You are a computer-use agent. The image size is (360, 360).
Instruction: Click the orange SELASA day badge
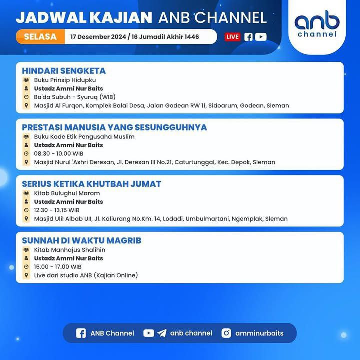pyautogui.click(x=40, y=36)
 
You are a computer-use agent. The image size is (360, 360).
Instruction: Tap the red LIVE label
pyautogui.click(x=232, y=37)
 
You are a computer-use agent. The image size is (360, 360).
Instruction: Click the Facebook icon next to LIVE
pyautogui.click(x=248, y=37)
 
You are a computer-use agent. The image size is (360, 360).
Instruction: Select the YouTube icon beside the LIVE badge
pyautogui.click(x=261, y=37)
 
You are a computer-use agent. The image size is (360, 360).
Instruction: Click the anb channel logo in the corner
pyautogui.click(x=317, y=24)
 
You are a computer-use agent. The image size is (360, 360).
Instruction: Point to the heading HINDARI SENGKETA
pyautogui.click(x=64, y=71)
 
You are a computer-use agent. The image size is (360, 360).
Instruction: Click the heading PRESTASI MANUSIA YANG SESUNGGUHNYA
pyautogui.click(x=114, y=127)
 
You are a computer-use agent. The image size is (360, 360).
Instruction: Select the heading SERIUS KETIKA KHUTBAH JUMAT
pyautogui.click(x=92, y=184)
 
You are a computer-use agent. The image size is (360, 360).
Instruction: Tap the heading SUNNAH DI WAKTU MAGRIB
pyautogui.click(x=82, y=240)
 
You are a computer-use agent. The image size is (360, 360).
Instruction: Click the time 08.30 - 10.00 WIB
pyautogui.click(x=59, y=154)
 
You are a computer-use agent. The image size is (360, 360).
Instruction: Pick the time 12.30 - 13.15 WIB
pyautogui.click(x=57, y=210)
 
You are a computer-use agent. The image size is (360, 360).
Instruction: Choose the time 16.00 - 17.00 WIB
pyautogui.click(x=58, y=267)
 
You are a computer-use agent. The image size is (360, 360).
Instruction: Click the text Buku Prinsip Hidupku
pyautogui.click(x=65, y=80)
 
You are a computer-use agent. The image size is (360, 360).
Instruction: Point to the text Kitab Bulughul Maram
pyautogui.click(x=67, y=193)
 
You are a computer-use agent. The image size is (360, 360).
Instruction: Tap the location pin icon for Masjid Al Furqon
pyautogui.click(x=26, y=105)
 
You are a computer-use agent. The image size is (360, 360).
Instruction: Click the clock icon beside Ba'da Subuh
pyautogui.click(x=26, y=97)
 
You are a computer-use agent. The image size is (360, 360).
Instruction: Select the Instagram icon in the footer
pyautogui.click(x=226, y=333)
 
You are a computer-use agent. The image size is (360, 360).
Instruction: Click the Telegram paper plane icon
pyautogui.click(x=162, y=333)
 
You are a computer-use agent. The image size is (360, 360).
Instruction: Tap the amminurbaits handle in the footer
pyautogui.click(x=259, y=333)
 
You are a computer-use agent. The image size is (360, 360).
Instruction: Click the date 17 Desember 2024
pyautogui.click(x=98, y=37)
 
